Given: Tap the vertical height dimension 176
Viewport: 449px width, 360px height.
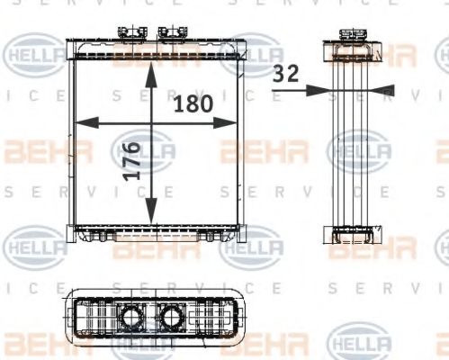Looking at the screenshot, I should [132, 160].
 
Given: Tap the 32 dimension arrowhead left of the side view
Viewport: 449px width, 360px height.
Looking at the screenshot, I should [317, 89].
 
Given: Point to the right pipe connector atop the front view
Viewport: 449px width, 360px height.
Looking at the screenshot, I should [168, 34].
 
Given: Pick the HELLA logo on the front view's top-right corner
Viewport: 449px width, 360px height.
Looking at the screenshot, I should [251, 52].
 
